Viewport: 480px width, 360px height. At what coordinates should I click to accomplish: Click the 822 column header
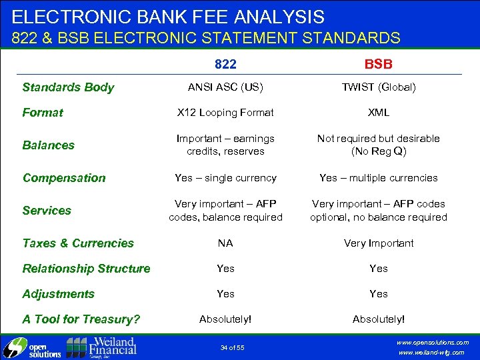click(225, 64)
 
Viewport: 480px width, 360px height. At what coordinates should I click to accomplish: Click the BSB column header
click(378, 64)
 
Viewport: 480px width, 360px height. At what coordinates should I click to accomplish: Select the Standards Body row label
click(68, 87)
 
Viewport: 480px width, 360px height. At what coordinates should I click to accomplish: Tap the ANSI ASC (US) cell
click(225, 87)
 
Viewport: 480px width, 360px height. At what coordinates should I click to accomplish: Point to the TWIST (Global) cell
click(378, 87)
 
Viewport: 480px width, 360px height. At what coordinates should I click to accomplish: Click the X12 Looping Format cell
click(225, 113)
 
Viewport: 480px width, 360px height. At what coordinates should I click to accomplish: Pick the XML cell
click(378, 113)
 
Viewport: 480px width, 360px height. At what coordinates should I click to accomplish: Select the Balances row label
click(49, 145)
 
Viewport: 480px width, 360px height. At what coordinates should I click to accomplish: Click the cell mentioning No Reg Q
click(378, 145)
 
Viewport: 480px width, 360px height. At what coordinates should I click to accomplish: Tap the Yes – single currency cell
click(225, 178)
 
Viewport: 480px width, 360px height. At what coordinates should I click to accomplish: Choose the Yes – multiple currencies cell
click(378, 178)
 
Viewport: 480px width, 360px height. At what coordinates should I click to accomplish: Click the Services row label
click(47, 210)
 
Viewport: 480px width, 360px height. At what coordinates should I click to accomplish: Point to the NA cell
click(225, 243)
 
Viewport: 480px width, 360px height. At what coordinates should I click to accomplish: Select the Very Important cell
click(378, 243)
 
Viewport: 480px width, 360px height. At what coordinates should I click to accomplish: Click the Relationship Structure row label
click(86, 269)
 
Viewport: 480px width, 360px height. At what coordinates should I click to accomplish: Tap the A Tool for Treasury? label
click(81, 319)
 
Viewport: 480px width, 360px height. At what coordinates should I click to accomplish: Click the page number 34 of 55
click(233, 347)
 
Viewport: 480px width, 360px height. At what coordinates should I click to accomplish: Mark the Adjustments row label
click(58, 294)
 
